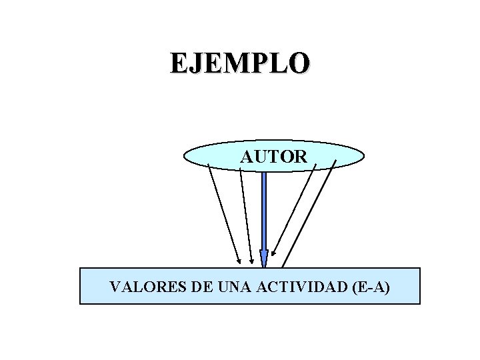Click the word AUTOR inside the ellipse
pos(274,157)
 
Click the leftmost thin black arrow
pos(224,213)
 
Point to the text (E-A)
pos(369,287)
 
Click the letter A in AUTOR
pos(247,157)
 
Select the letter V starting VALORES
pos(115,287)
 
